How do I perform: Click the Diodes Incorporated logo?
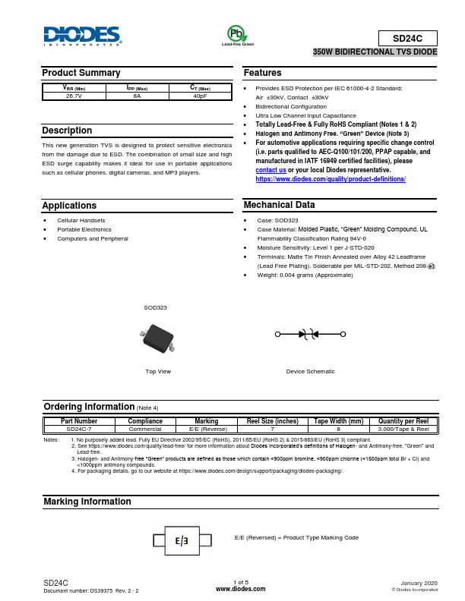coord(82,36)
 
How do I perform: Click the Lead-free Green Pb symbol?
coord(237,33)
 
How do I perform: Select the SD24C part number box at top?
coord(408,37)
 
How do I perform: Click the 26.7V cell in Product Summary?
coord(74,96)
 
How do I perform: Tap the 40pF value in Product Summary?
coord(200,96)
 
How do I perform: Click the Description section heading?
coord(67,131)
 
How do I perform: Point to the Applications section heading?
coord(69,206)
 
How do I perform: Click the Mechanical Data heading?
coord(279,205)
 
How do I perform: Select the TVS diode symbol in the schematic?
coord(310,333)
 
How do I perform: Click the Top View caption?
coord(158,371)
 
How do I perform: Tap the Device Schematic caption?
coord(310,371)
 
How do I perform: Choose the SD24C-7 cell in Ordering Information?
coord(79,429)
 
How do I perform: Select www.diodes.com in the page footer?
coord(241,588)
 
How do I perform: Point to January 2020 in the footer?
coord(419,582)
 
